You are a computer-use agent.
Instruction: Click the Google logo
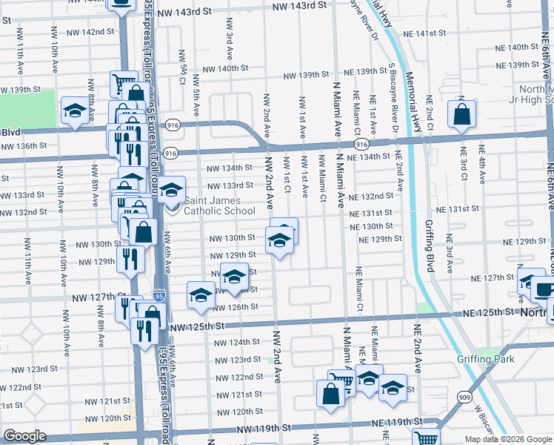[x=24, y=436]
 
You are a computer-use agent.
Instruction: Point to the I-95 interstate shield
[x=160, y=296]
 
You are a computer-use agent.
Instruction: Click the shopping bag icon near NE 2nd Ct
[x=461, y=115]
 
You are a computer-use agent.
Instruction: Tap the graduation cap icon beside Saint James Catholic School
[x=171, y=191]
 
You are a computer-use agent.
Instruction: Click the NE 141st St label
[x=426, y=34]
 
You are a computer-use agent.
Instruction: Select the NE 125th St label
[x=485, y=314]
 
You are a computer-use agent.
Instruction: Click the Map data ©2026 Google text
[x=507, y=439]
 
